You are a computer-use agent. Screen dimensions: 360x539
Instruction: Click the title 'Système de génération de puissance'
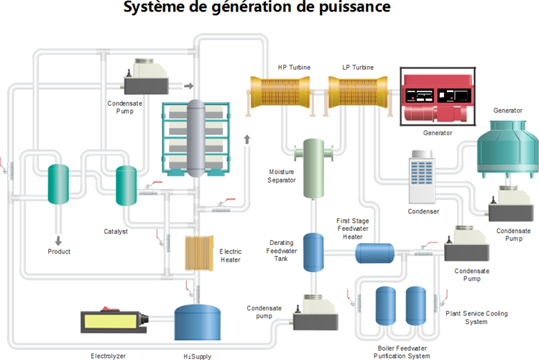pyautogui.click(x=257, y=9)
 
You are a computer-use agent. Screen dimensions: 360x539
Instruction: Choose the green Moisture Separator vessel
pyautogui.click(x=314, y=168)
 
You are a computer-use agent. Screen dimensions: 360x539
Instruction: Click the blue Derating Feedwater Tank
pyautogui.click(x=313, y=251)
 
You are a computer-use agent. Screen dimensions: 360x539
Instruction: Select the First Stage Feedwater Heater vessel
pyautogui.click(x=374, y=252)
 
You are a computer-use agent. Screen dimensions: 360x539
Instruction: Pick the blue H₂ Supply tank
pyautogui.click(x=196, y=322)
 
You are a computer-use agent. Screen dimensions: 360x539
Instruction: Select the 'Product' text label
pyautogui.click(x=59, y=251)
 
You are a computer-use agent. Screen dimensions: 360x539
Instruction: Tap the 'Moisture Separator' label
pyautogui.click(x=282, y=177)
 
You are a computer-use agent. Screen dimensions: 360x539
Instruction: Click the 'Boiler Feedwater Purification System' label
pyautogui.click(x=403, y=351)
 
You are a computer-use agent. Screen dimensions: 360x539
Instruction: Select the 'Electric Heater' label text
pyautogui.click(x=231, y=255)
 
